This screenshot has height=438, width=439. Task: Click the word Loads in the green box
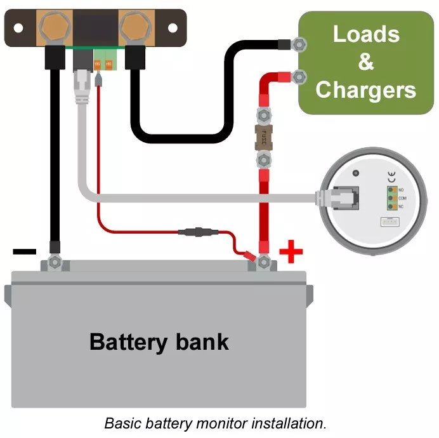point(366,34)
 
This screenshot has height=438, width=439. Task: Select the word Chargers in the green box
point(366,90)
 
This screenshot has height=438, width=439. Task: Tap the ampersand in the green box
point(366,62)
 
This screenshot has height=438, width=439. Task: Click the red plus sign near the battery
point(291,252)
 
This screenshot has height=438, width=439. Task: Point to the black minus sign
point(25,252)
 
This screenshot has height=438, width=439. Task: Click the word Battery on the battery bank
point(129,342)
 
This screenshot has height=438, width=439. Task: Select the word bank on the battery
point(199,342)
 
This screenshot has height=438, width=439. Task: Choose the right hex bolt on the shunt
point(134,27)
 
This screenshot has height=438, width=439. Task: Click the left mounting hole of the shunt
point(18,28)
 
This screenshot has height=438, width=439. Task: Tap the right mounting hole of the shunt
point(172,27)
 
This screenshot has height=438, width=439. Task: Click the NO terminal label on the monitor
point(401,190)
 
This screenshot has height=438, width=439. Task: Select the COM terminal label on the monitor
point(402,198)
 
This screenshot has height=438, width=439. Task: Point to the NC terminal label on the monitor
point(401,206)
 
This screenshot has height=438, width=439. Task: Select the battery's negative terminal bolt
point(55,261)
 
